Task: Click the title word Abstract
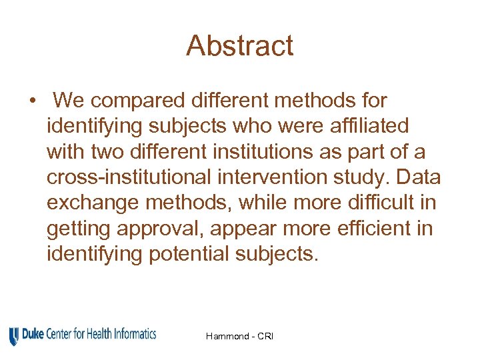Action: click(x=239, y=46)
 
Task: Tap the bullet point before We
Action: click(x=32, y=101)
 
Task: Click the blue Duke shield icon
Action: click(x=14, y=337)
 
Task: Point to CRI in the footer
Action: click(x=265, y=336)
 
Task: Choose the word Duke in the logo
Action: click(x=33, y=334)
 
